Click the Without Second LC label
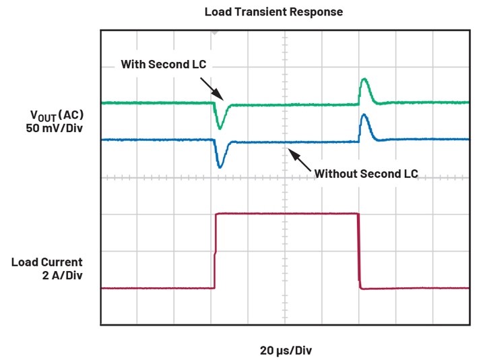[x=366, y=173]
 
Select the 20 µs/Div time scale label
[x=286, y=351]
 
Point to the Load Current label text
[x=47, y=262]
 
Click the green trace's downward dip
[x=220, y=126]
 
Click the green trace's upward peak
[x=364, y=81]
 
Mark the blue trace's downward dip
[x=220, y=164]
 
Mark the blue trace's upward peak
[x=364, y=117]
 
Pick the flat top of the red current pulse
[x=286, y=214]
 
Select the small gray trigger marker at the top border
[x=216, y=31]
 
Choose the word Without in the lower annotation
[x=335, y=173]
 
